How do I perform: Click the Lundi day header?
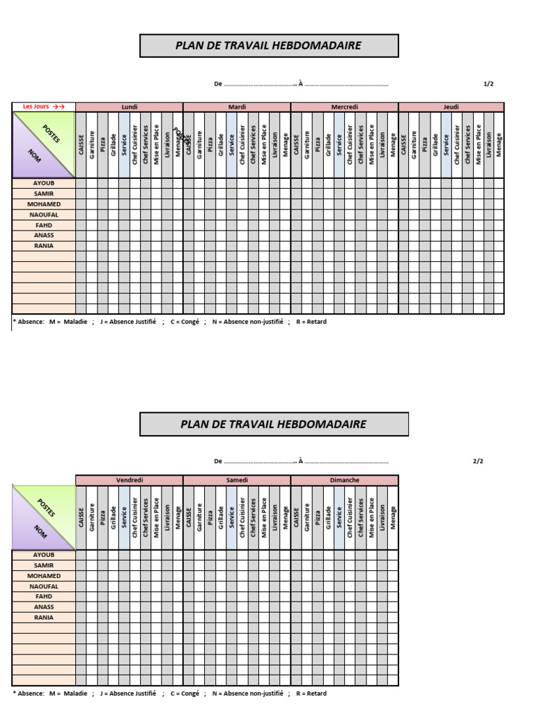[x=130, y=107]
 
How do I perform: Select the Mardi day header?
[x=237, y=107]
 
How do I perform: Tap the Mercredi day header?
[x=344, y=107]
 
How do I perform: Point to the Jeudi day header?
[x=451, y=107]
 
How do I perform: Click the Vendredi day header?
[x=130, y=480]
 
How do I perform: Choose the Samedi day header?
[x=237, y=480]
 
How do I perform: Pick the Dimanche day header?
[x=344, y=480]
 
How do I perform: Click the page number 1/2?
[x=488, y=84]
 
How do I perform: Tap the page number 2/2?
[x=478, y=461]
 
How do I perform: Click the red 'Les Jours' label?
[x=43, y=107]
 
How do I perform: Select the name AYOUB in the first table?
[x=44, y=183]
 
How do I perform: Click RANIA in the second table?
[x=44, y=617]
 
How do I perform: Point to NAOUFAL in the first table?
[x=44, y=214]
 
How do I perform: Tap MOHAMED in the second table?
[x=44, y=576]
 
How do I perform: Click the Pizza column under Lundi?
[x=102, y=145]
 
